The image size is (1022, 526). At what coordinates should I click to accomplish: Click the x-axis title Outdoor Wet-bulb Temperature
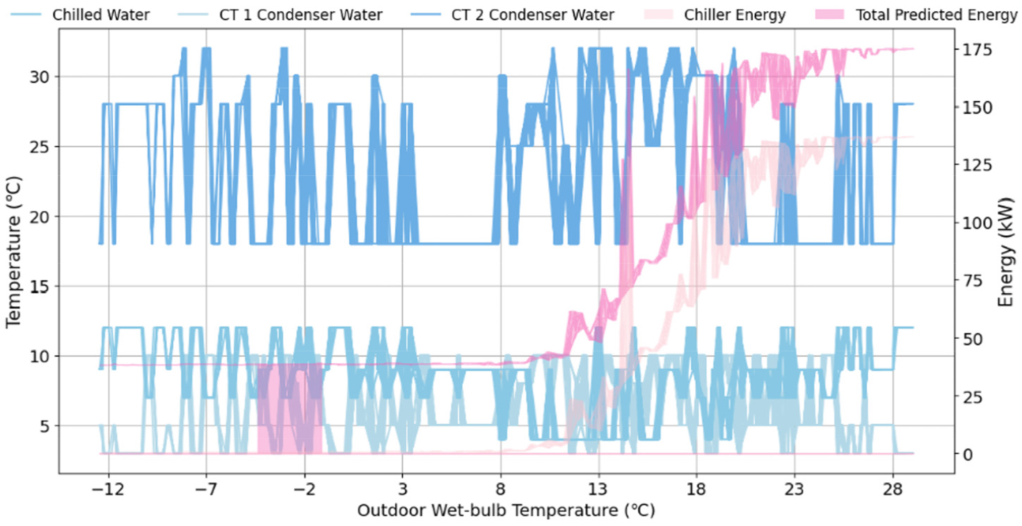click(x=506, y=511)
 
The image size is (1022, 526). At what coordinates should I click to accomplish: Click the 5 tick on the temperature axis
click(x=45, y=426)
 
